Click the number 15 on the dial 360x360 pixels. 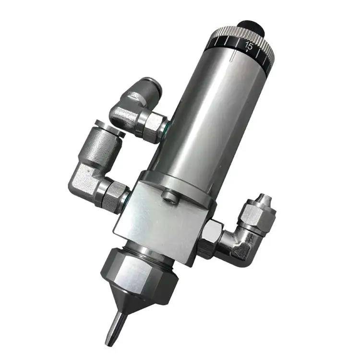click(249, 46)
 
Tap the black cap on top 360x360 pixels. click(251, 27)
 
